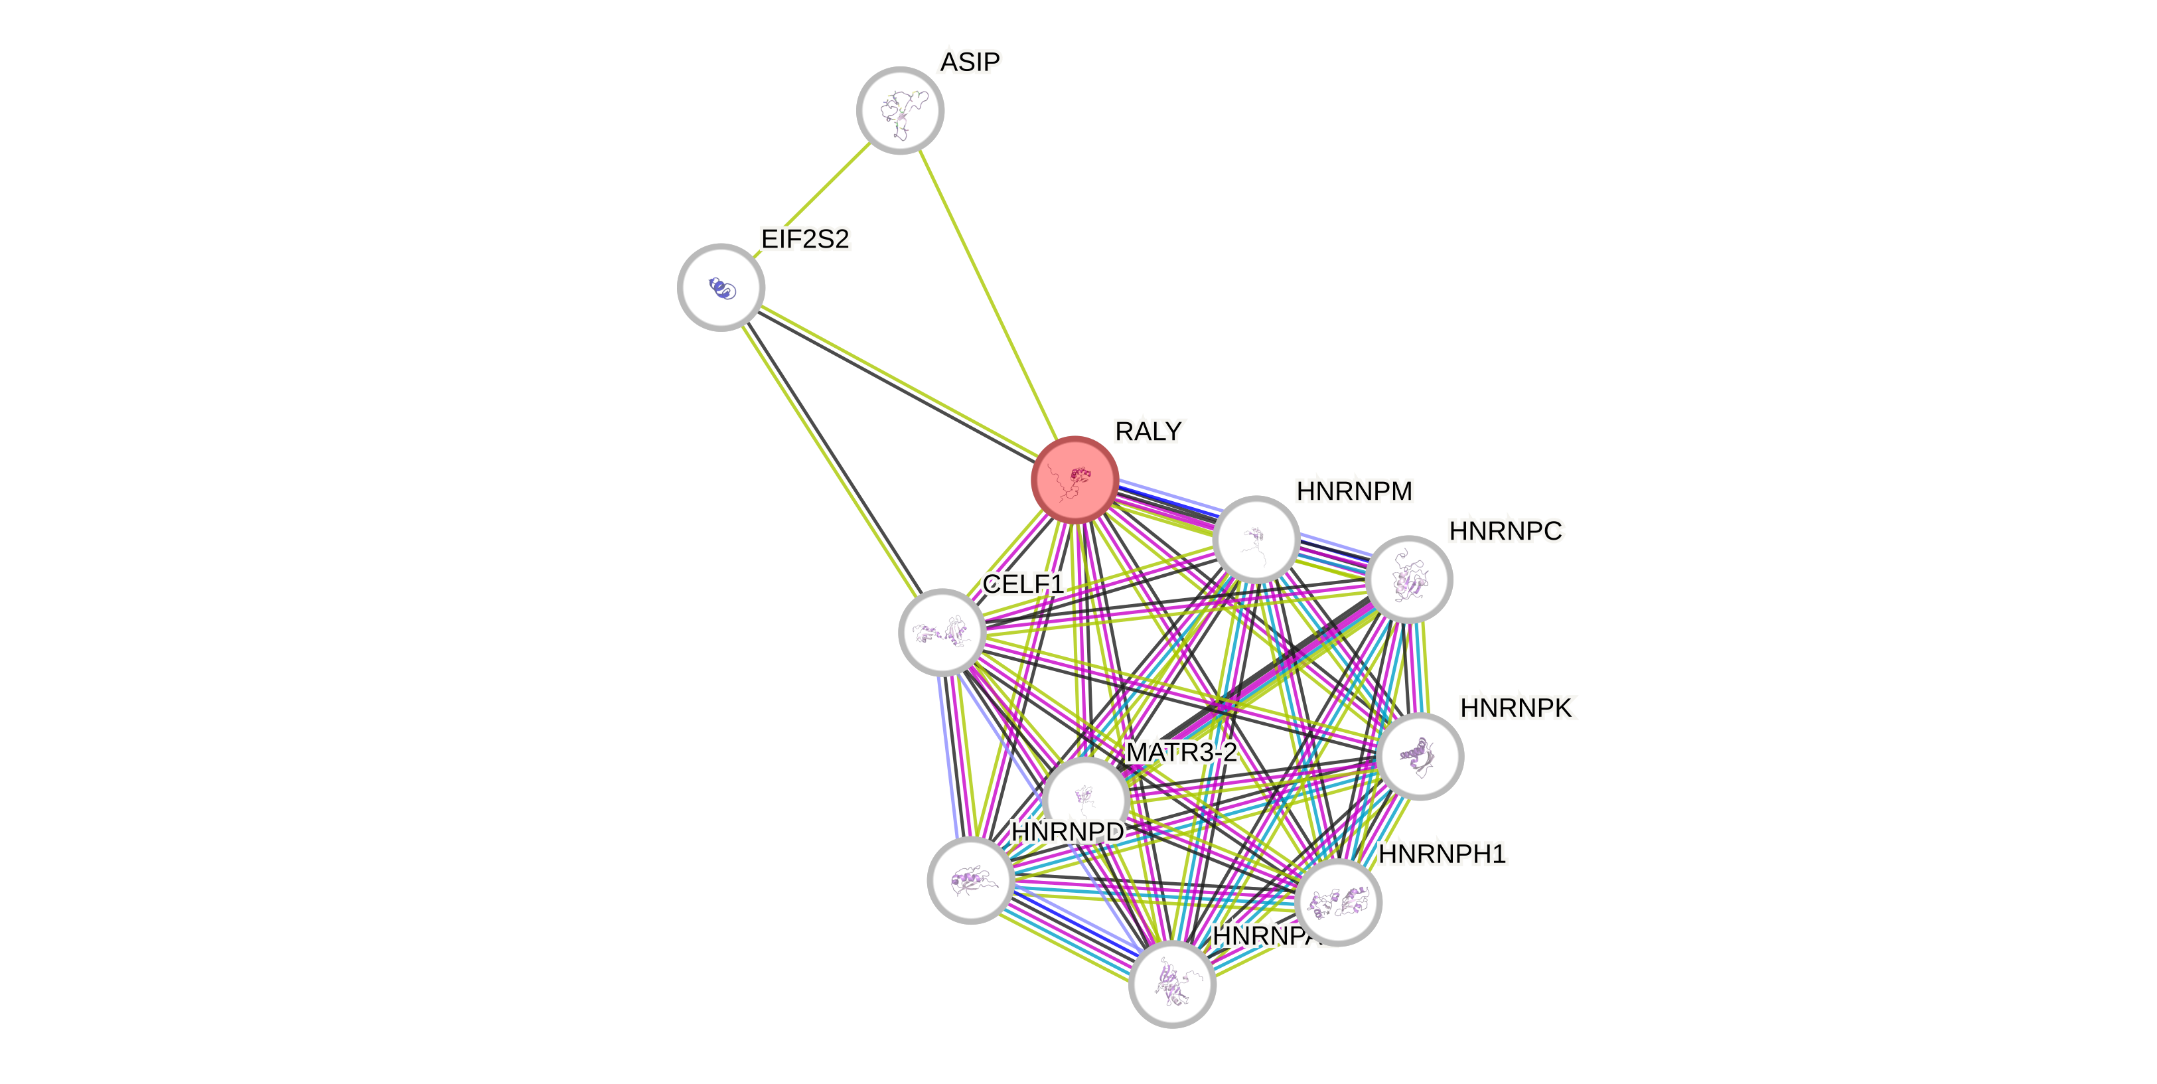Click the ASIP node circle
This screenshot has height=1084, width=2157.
point(900,111)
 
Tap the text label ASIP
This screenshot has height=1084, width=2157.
point(970,62)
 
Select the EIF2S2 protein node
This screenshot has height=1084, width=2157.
point(721,287)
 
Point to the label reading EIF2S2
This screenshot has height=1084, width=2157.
point(804,240)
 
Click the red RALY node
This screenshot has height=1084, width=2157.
point(1075,480)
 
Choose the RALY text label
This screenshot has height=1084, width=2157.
point(1148,431)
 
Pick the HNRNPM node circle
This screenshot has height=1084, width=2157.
point(1256,540)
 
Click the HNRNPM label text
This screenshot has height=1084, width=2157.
point(1354,491)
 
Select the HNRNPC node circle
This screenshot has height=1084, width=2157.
point(1408,580)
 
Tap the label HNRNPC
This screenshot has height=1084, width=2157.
point(1505,531)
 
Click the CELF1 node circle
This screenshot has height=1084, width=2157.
point(942,633)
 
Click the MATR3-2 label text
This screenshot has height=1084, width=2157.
point(1181,752)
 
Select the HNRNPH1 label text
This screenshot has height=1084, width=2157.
point(1442,854)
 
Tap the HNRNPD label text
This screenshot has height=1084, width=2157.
point(1068,832)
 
